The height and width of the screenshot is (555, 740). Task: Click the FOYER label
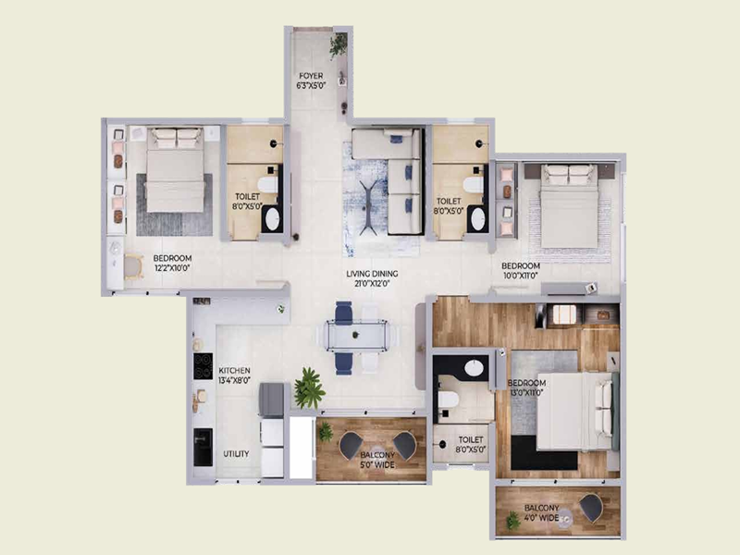click(310, 75)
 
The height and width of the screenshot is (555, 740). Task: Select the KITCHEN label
click(234, 369)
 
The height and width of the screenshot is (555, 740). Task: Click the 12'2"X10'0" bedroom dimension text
click(172, 269)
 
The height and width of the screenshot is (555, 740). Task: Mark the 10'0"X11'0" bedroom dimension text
click(521, 277)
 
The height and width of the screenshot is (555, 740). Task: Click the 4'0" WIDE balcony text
click(542, 520)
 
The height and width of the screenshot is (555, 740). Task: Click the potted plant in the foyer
click(339, 43)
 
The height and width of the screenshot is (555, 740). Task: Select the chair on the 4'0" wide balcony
click(590, 506)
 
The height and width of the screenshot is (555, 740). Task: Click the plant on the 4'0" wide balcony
click(512, 520)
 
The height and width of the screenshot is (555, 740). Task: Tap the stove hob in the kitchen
click(199, 365)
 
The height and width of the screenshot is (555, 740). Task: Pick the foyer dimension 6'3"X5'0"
click(310, 85)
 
